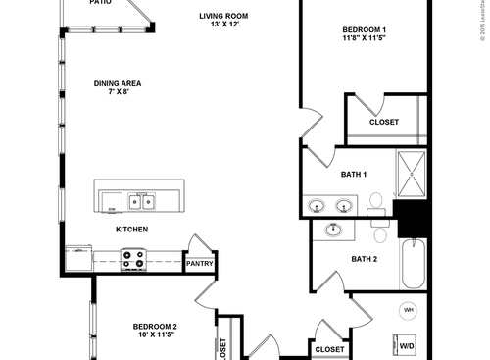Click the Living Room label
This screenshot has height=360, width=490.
pyautogui.click(x=223, y=16)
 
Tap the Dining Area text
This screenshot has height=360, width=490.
pyautogui.click(x=119, y=83)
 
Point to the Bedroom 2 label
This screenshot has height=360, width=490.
pyautogui.click(x=155, y=327)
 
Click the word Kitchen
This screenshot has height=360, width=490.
pyautogui.click(x=131, y=230)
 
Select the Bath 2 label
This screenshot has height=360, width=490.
pyautogui.click(x=364, y=259)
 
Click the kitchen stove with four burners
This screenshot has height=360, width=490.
pyautogui.click(x=133, y=259)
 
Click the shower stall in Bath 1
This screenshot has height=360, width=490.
pyautogui.click(x=412, y=175)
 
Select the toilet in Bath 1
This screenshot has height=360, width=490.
pyautogui.click(x=376, y=203)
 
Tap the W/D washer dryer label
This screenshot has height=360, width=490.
pyautogui.click(x=407, y=346)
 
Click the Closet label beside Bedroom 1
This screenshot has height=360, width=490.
pyautogui.click(x=384, y=123)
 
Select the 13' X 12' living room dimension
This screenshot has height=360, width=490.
pyautogui.click(x=223, y=26)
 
